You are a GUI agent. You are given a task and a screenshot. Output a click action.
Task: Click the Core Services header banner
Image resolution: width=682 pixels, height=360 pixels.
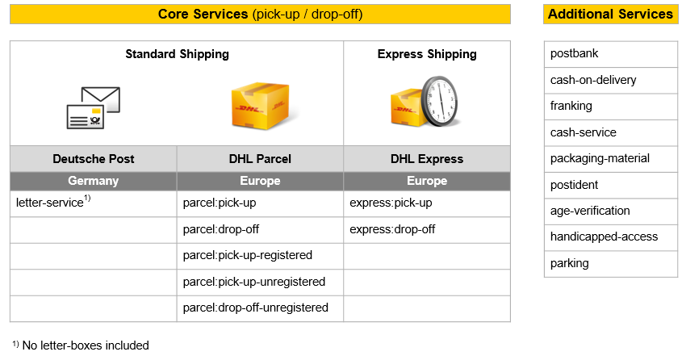point(260,14)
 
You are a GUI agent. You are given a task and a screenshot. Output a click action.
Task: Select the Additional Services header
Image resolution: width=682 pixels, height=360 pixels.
point(610,14)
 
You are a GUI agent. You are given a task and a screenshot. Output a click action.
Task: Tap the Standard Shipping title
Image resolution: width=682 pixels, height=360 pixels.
point(177,54)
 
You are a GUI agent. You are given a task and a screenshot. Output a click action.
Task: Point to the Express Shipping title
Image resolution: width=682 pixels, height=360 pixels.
point(427,54)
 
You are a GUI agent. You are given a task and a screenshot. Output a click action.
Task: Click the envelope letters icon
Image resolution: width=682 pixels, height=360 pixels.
point(94,108)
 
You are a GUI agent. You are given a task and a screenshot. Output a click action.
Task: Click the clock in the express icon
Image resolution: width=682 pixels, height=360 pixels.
point(439,102)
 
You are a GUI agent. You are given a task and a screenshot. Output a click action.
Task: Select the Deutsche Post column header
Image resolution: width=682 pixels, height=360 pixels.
point(94,159)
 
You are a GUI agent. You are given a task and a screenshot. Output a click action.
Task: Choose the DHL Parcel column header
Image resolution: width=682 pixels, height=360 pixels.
point(260,159)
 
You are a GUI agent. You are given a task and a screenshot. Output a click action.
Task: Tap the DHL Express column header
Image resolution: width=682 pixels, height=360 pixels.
point(427,159)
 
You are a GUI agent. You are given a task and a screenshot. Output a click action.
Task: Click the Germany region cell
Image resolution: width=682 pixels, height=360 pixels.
point(94,181)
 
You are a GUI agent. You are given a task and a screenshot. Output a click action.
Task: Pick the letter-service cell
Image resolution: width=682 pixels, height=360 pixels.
point(94,203)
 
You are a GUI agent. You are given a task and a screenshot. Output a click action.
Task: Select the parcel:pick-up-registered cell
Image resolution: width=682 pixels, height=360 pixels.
point(260,256)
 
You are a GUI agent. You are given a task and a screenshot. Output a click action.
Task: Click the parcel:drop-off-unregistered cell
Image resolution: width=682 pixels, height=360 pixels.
point(260,308)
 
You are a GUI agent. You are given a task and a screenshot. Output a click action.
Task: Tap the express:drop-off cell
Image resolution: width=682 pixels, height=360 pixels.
point(427,229)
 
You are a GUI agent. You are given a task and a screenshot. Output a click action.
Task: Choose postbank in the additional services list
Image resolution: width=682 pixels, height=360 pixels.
point(611,54)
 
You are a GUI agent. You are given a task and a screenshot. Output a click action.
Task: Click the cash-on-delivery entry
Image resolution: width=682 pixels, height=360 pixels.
point(611,80)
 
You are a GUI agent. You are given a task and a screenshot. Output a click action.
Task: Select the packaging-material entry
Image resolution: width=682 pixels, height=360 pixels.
point(611,159)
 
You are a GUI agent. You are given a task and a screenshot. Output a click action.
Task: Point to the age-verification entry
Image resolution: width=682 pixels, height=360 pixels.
point(611,211)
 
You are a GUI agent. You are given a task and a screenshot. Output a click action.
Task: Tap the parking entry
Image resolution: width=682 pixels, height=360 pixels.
point(611,263)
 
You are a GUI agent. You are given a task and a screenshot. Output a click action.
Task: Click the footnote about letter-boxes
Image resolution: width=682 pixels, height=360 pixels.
point(81,345)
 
